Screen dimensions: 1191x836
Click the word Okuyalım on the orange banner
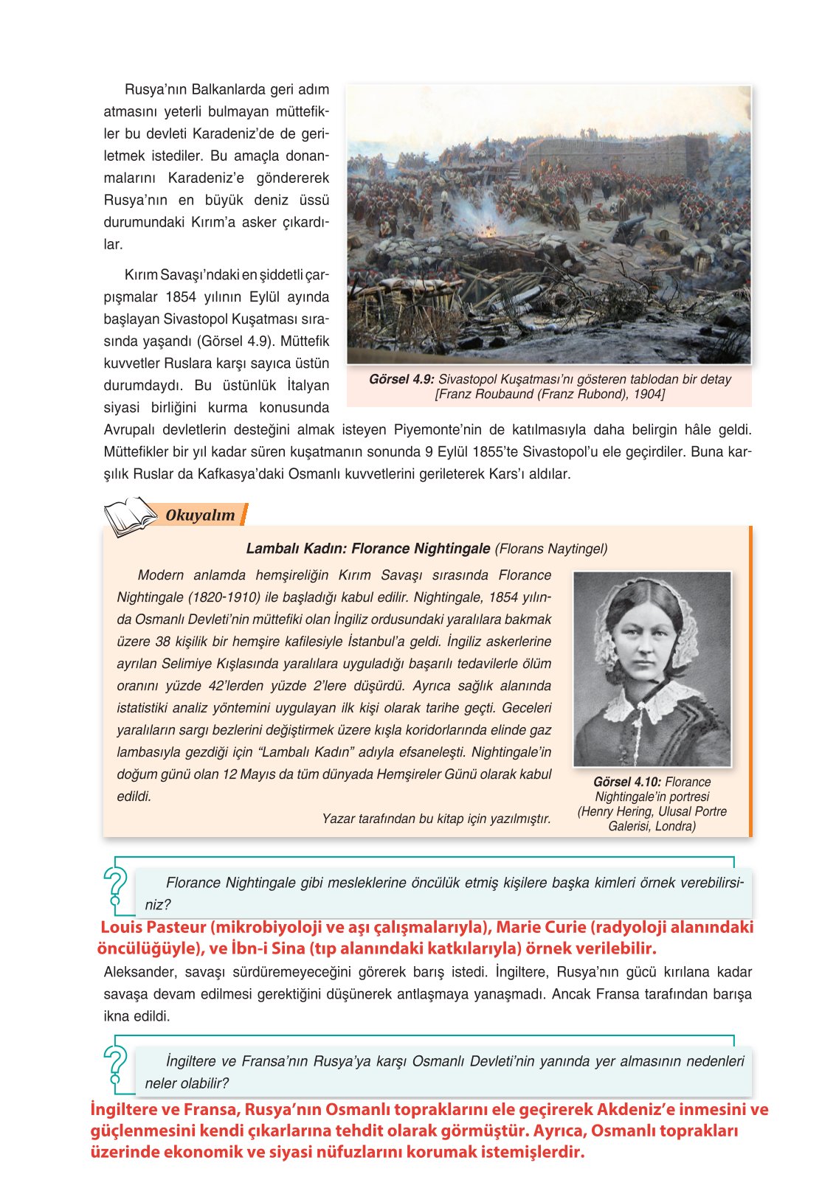[200, 515]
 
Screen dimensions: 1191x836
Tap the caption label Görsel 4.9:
[401, 380]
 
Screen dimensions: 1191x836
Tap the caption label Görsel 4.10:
[626, 782]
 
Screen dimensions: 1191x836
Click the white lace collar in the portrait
[652, 701]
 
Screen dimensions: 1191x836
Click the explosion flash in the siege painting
[487, 230]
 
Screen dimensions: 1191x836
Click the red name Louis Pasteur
[153, 928]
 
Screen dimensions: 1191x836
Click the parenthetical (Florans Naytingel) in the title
[550, 549]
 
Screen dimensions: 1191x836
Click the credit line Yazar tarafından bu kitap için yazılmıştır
[436, 819]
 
